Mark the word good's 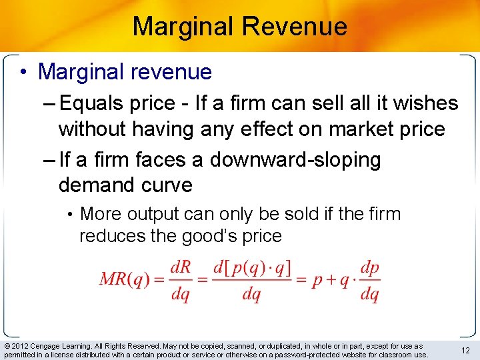point(218,236)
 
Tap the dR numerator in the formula point(181,267)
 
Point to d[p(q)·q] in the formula point(251,267)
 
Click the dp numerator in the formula point(369,267)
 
